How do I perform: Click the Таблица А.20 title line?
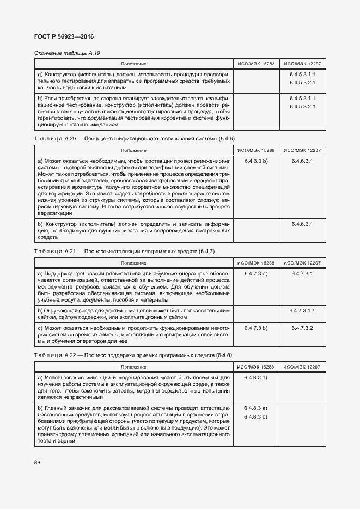133,139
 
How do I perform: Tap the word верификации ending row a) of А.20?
53,213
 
